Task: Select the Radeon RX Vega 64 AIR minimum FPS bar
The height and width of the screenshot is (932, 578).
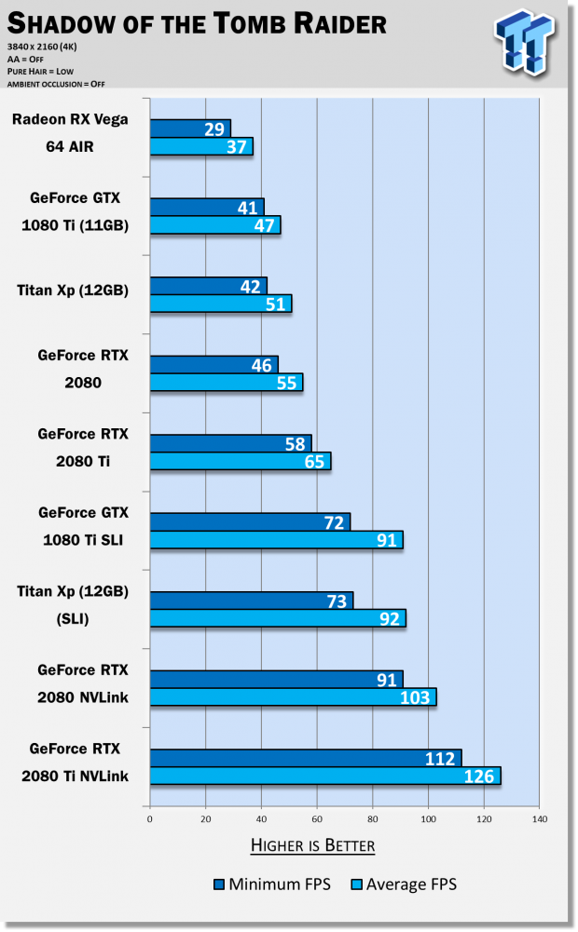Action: pyautogui.click(x=190, y=128)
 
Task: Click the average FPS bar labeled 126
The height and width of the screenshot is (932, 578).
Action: pyautogui.click(x=324, y=776)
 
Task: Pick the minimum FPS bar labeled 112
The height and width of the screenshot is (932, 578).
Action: pyautogui.click(x=305, y=758)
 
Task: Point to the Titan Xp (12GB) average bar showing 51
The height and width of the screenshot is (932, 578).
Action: pyautogui.click(x=220, y=304)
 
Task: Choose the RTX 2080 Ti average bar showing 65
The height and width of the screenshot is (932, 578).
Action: pyautogui.click(x=240, y=461)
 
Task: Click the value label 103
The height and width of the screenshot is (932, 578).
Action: pyautogui.click(x=416, y=697)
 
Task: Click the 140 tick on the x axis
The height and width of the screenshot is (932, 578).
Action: pyautogui.click(x=539, y=819)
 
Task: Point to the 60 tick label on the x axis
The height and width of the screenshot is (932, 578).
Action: pyautogui.click(x=317, y=819)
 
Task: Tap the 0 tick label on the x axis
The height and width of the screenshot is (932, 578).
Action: pyautogui.click(x=150, y=819)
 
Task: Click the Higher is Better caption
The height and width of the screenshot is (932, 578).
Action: pyautogui.click(x=312, y=845)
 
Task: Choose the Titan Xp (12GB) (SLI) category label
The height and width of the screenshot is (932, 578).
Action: pyautogui.click(x=73, y=604)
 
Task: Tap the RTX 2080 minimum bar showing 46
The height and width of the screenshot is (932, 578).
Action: pyautogui.click(x=213, y=364)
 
